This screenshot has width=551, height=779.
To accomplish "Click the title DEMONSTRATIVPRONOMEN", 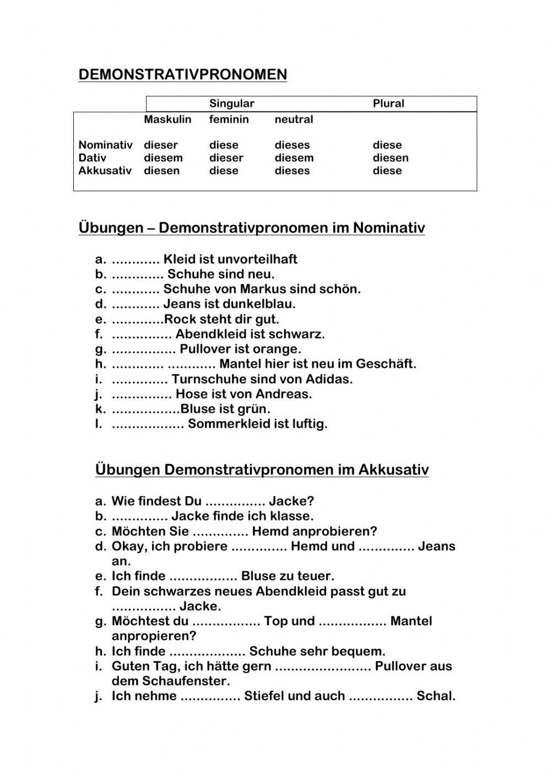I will click(182, 74).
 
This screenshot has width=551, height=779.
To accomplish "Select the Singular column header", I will click(231, 104).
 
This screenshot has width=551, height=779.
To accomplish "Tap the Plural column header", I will click(388, 104).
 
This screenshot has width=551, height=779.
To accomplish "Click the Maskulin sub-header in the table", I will click(168, 120).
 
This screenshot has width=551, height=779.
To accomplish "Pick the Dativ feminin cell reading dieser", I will click(226, 158).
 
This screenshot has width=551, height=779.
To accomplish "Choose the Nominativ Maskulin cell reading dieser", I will click(161, 145).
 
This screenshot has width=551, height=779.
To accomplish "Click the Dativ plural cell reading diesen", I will click(391, 158).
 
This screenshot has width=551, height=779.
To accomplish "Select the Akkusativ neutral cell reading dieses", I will click(292, 170).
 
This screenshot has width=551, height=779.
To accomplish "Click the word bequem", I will click(363, 651).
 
